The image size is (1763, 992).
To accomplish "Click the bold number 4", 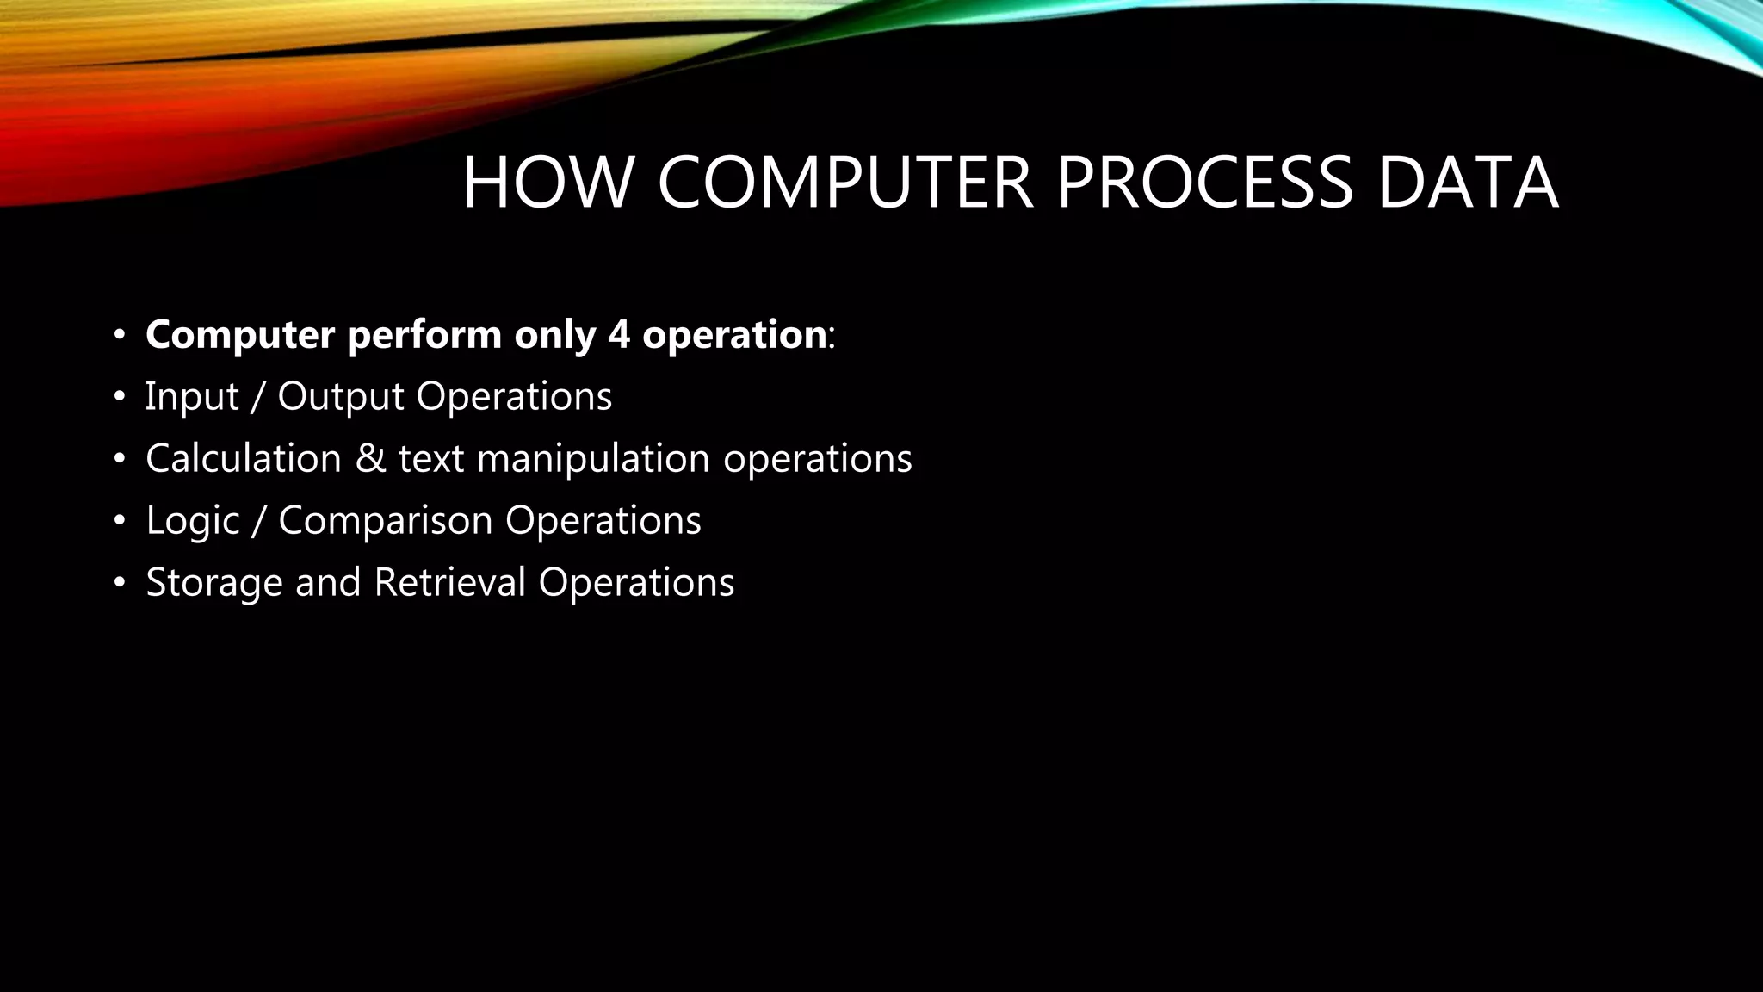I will click(618, 334).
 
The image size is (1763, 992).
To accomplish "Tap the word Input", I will click(191, 397).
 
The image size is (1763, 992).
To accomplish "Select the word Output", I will click(341, 397).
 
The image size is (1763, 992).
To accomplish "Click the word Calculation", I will click(244, 458).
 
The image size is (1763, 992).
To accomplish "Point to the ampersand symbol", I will click(370, 458).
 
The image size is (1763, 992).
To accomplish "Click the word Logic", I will click(192, 521).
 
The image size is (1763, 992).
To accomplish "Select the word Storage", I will click(214, 583).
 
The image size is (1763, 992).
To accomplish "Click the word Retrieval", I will click(449, 582).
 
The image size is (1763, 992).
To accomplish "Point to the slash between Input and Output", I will click(257, 397).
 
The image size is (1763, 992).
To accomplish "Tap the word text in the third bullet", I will click(430, 459).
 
